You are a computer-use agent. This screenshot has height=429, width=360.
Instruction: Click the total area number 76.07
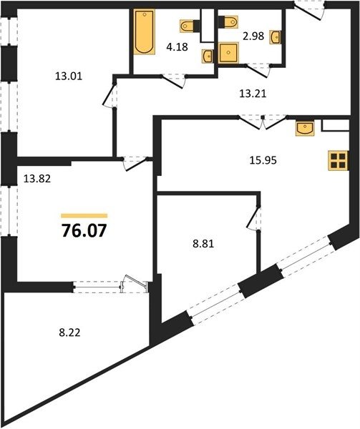coord(84,231)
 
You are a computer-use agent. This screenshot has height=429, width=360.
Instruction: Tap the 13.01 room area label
coord(69,76)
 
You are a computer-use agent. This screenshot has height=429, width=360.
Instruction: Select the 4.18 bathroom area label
coord(177,46)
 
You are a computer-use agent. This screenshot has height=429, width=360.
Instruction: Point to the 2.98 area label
coord(253,36)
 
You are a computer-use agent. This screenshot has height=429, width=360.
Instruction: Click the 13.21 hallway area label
coord(253,94)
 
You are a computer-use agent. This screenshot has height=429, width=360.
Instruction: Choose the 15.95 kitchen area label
coord(263,160)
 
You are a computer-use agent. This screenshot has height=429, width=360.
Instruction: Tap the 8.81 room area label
coord(203,244)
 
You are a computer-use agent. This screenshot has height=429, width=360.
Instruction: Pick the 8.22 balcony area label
coord(70,332)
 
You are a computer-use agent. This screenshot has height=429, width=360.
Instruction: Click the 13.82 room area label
coord(37,179)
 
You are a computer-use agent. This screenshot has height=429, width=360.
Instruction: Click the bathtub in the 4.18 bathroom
coord(145,31)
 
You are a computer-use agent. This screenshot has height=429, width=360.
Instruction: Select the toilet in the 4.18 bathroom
coord(190,26)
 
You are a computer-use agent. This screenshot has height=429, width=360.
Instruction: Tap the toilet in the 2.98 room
coord(228,22)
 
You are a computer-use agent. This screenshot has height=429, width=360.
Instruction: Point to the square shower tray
coord(228,53)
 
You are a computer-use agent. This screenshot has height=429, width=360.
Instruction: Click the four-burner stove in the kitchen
coord(339,161)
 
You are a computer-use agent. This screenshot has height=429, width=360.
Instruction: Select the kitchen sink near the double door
coord(305,128)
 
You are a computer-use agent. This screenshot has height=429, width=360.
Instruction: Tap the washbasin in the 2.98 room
coord(276,37)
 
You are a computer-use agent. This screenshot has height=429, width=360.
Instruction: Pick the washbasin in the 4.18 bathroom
coord(208,56)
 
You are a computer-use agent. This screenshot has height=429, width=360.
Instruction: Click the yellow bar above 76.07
coord(84,216)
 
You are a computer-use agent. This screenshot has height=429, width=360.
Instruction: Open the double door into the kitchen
coord(263,122)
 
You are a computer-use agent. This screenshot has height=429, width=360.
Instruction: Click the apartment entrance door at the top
coord(309,10)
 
